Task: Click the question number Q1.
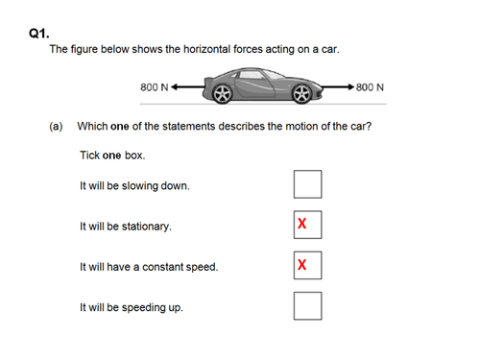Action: (39, 34)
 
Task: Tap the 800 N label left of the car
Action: (155, 87)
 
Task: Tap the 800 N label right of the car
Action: (370, 87)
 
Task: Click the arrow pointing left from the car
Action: (188, 86)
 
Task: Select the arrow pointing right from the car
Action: (338, 86)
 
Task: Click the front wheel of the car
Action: (301, 94)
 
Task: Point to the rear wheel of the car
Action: (223, 94)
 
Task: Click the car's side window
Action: (252, 75)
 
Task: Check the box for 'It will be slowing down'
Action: (307, 184)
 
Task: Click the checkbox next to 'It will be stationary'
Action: (307, 225)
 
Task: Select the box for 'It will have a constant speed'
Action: (307, 265)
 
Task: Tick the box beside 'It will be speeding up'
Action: (307, 306)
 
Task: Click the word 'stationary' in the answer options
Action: (146, 227)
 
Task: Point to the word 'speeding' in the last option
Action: (143, 308)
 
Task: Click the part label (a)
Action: (56, 127)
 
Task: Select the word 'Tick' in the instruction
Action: (89, 156)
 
